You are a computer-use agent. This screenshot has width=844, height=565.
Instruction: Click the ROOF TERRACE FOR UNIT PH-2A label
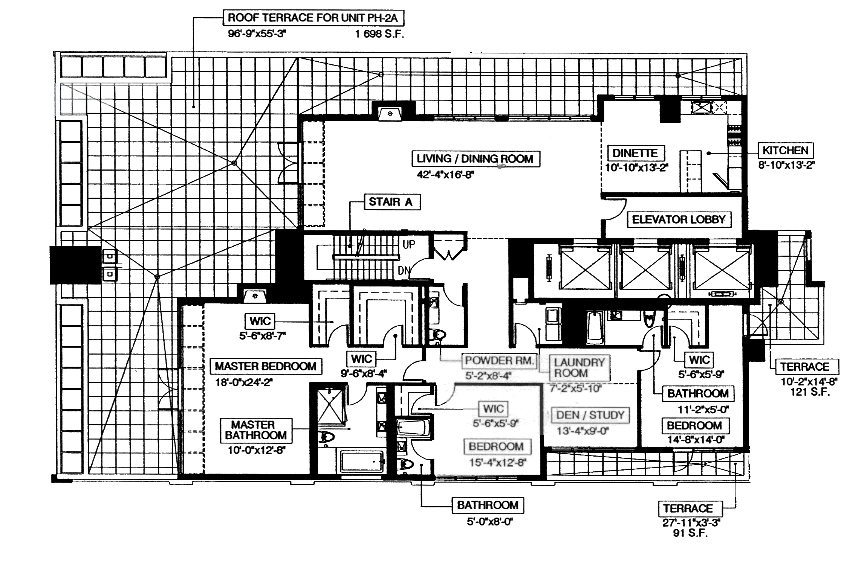pos(312,18)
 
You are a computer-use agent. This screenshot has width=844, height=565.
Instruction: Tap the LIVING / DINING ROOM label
pos(475,158)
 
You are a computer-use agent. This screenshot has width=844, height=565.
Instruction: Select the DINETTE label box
pos(635,153)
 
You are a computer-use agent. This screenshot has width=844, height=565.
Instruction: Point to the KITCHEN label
pos(785,151)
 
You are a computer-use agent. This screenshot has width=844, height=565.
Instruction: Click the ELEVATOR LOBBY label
pos(679,219)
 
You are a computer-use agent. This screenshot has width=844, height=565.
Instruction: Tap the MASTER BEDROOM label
pos(266,366)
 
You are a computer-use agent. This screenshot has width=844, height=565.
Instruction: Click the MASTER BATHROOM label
pos(256,430)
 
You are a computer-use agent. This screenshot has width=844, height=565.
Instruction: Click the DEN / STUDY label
pos(590,415)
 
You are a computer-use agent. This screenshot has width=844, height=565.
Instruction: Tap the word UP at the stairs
pos(409,245)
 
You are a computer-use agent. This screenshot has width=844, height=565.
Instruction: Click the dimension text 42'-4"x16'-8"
pos(445,175)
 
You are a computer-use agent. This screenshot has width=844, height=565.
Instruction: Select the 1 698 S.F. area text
pos(379,35)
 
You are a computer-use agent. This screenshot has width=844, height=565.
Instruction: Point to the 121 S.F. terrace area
pos(810,392)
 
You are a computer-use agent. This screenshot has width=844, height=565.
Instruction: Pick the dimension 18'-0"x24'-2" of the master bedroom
pos(244,383)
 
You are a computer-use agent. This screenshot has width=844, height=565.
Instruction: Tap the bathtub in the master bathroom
pos(362,461)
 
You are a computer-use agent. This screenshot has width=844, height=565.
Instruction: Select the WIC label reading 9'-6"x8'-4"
pos(362,359)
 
